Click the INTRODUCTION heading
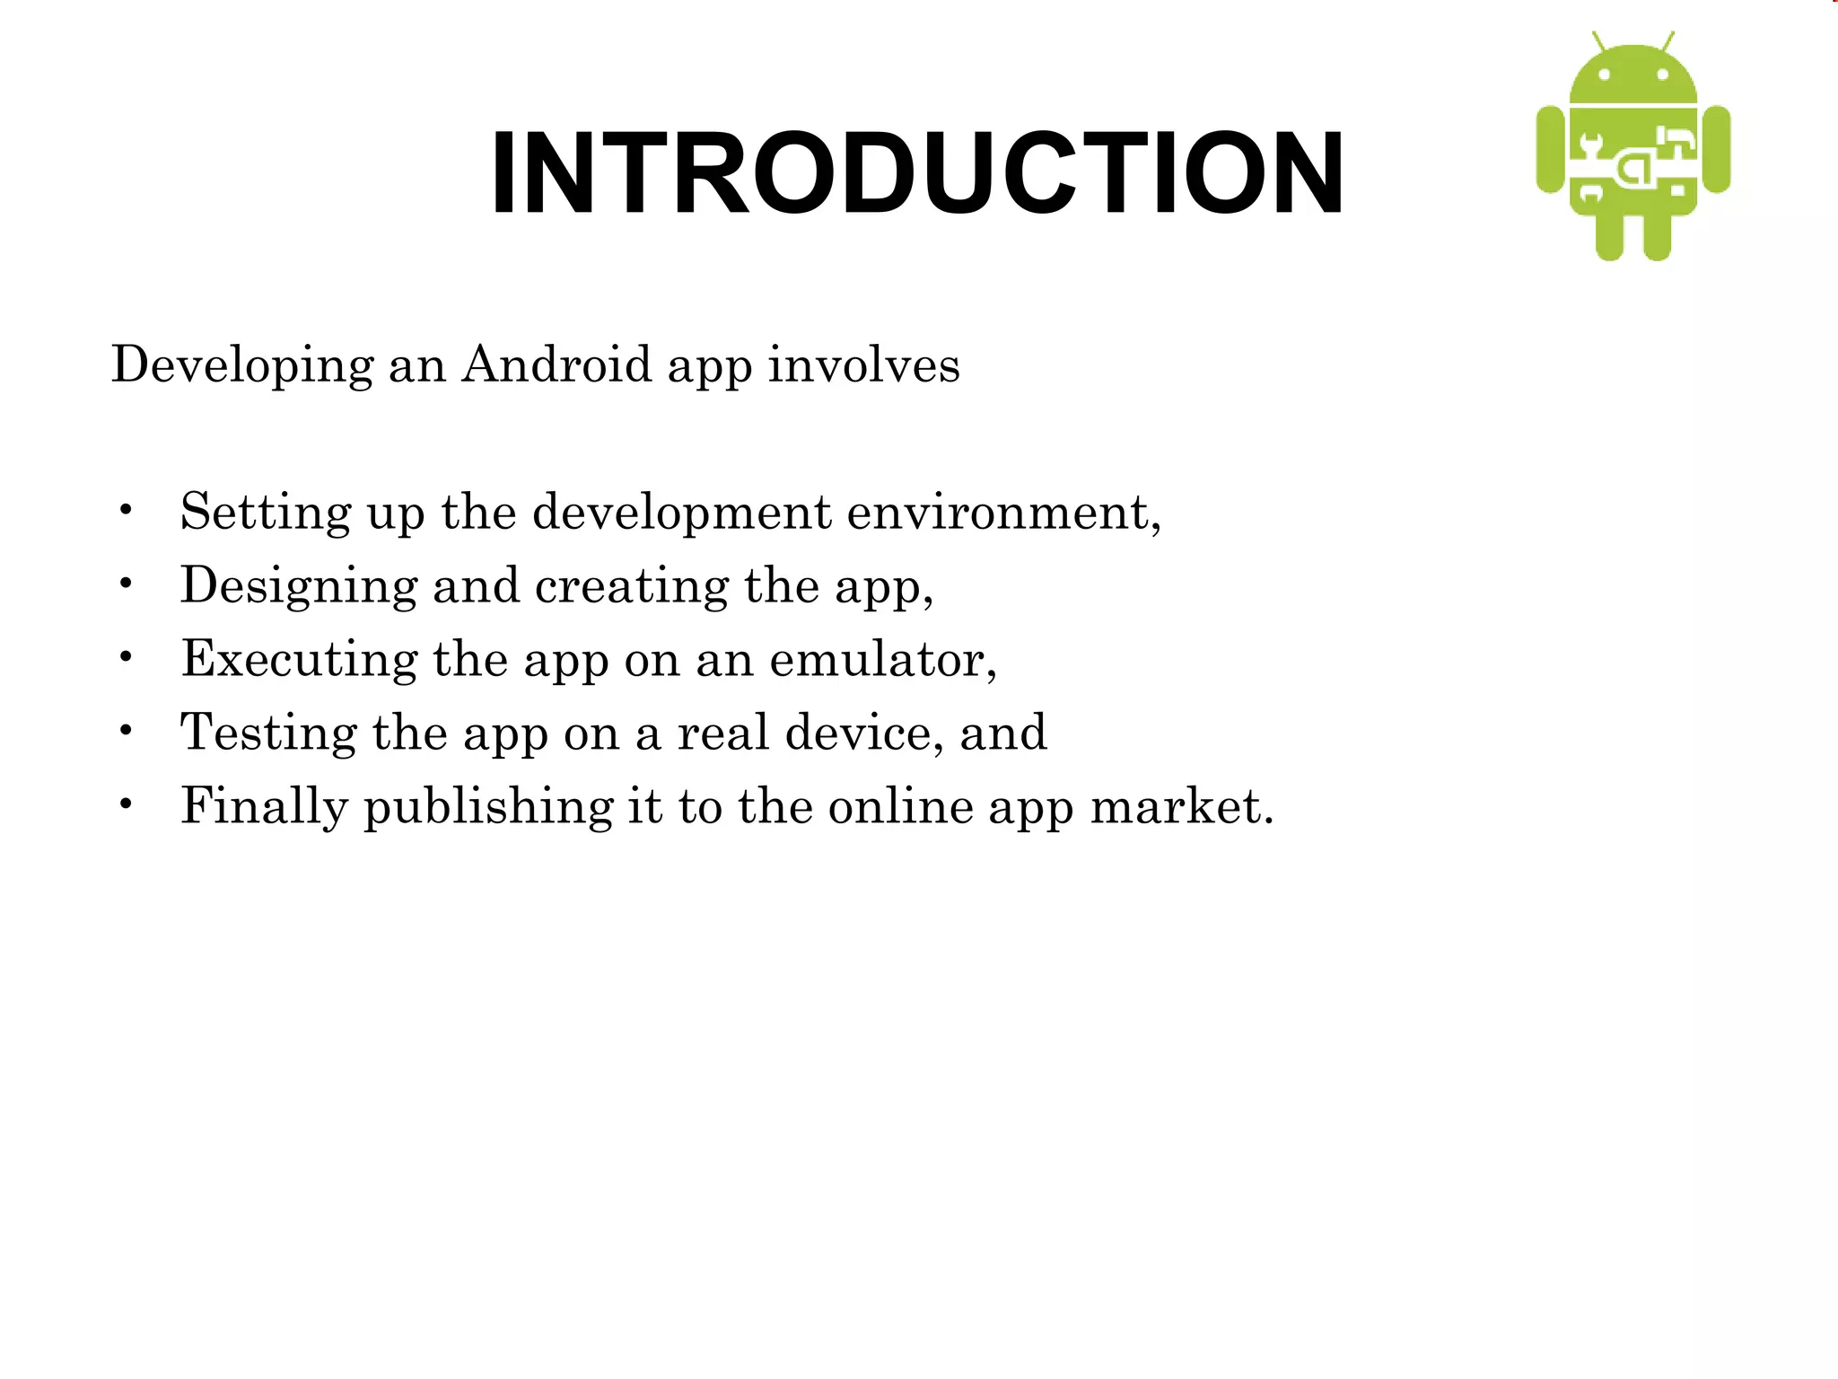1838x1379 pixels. pos(916,173)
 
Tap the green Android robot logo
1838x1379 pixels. pos(1633,148)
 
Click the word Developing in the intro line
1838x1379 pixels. pos(242,365)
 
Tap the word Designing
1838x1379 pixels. pos(299,587)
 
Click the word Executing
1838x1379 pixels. pos(299,660)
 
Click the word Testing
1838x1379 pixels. pos(268,733)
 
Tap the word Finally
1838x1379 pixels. pos(264,807)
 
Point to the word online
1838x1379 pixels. pos(900,806)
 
